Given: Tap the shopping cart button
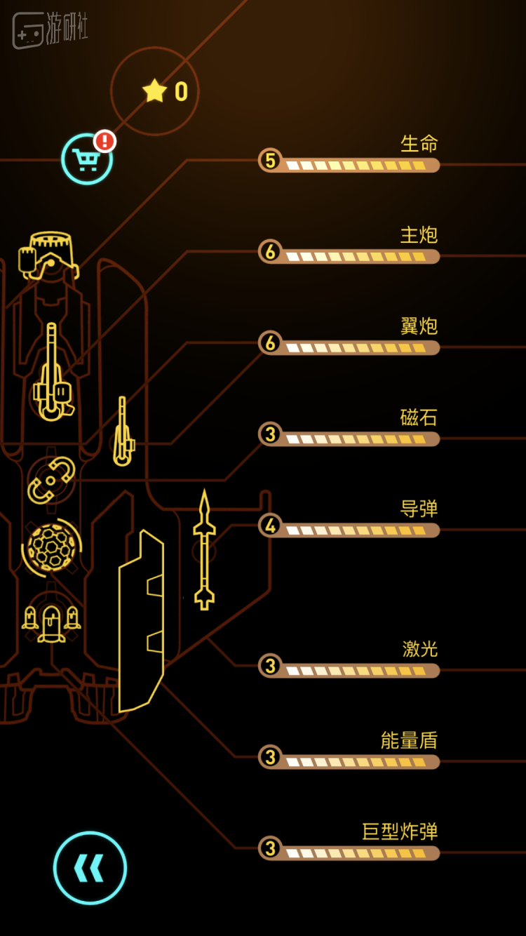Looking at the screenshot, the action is point(87,159).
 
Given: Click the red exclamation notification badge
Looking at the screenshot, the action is point(104,140).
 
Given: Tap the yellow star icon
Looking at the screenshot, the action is point(154,91).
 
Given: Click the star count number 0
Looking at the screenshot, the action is point(182,91).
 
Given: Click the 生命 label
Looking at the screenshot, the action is point(419,143).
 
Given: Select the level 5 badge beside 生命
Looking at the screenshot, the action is point(270,161).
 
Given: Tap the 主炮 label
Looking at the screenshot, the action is point(419,235).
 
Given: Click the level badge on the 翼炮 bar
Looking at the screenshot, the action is point(270,342).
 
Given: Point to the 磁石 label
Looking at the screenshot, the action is point(419,417).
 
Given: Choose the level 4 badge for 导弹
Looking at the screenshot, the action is point(270,526).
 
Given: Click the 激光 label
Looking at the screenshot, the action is point(420,649).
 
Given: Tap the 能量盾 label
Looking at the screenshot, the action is point(409,740).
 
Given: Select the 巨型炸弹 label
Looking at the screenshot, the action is point(400,831).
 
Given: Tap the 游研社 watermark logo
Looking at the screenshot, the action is point(50,30).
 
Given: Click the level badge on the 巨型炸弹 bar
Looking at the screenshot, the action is point(270,848).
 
